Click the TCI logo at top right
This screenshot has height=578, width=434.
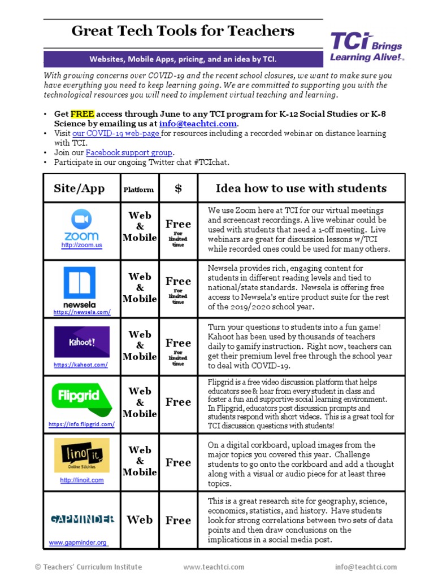click(x=367, y=47)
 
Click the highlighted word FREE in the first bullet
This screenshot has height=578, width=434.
click(x=82, y=113)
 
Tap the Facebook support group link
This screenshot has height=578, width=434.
click(x=129, y=153)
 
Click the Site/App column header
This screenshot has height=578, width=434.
click(x=79, y=189)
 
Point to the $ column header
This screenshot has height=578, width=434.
click(x=178, y=189)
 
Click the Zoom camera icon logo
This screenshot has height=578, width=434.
click(x=81, y=219)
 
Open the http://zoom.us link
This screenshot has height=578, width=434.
click(x=81, y=246)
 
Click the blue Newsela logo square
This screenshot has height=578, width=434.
click(x=80, y=283)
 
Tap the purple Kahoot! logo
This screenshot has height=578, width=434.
click(x=82, y=342)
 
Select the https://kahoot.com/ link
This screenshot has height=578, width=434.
click(x=81, y=365)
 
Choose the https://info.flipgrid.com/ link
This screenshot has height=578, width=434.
click(x=81, y=424)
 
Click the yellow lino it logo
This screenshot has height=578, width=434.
click(x=82, y=456)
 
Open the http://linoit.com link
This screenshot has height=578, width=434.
click(x=82, y=480)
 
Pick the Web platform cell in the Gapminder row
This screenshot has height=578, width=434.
click(x=140, y=520)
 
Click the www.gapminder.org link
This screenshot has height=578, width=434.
click(x=78, y=542)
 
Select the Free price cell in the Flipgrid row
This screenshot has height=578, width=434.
click(x=178, y=402)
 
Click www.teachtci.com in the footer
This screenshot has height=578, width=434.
click(x=214, y=567)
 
